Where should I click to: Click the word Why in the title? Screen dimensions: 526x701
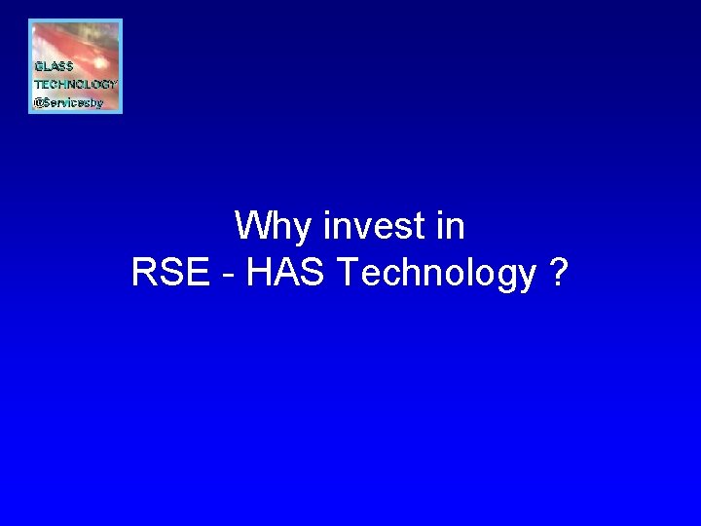[274, 228]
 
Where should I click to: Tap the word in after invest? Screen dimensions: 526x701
[451, 227]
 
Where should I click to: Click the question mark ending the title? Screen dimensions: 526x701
[558, 275]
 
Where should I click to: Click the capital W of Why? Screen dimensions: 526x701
[250, 227]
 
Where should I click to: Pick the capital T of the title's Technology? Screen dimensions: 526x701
[345, 275]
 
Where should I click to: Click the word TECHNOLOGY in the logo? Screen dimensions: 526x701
[75, 85]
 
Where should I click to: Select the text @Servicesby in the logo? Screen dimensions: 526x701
[68, 102]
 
